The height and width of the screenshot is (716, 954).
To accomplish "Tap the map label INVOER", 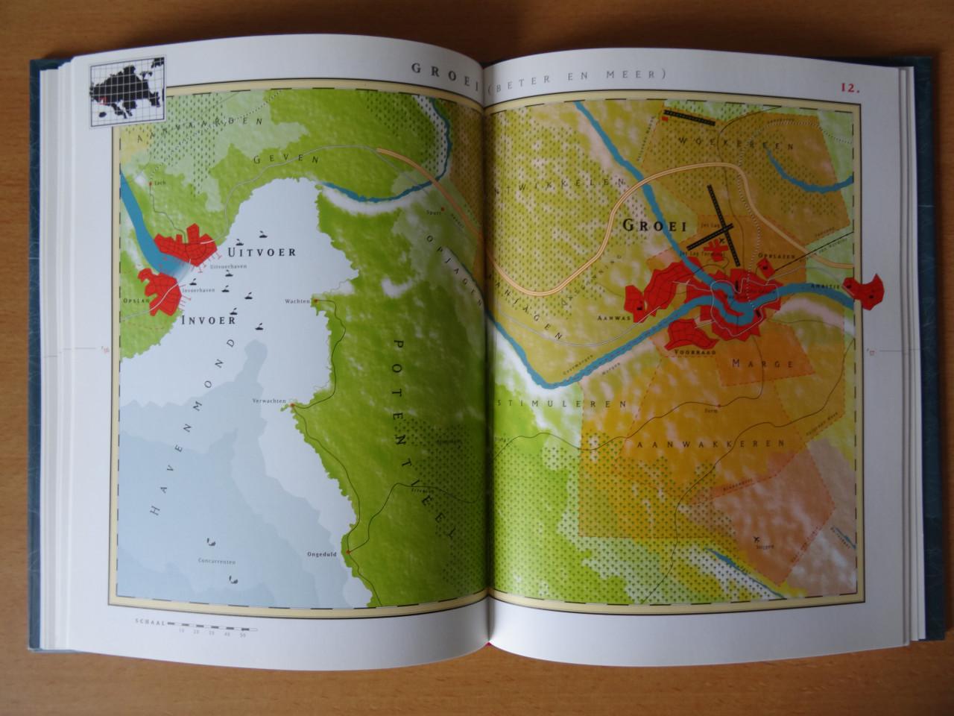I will click(208, 319).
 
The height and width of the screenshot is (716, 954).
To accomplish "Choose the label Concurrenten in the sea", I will click(217, 560).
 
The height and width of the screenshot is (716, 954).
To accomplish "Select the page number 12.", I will click(851, 87).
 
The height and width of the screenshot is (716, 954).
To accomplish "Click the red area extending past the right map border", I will click(870, 289).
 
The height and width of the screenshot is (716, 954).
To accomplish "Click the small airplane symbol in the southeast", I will click(759, 538).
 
